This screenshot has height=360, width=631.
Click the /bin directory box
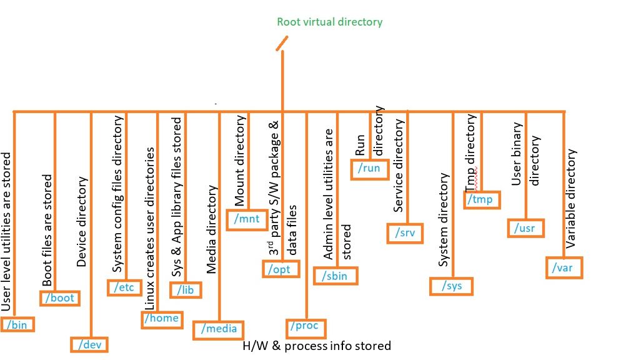point(18,324)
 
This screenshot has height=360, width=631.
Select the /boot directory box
point(60,298)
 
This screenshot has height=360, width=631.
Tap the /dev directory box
point(89,344)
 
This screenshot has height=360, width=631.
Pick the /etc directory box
point(125,287)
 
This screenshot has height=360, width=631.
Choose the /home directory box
point(161,319)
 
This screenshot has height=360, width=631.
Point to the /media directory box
point(219,329)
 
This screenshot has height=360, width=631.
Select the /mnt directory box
point(246,219)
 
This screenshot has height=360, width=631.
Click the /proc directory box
point(306,326)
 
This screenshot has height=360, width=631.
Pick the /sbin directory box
point(338,276)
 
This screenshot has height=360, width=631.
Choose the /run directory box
point(370,169)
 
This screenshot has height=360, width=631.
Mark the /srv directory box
point(405,234)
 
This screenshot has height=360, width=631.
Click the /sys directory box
point(451,286)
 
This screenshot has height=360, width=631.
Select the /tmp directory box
point(482,199)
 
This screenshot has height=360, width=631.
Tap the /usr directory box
point(525,228)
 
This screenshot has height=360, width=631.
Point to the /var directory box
point(564,267)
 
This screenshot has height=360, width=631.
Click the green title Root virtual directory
point(329,22)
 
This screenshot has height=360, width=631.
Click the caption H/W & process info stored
point(317,346)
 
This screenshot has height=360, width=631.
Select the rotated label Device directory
point(82,222)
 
